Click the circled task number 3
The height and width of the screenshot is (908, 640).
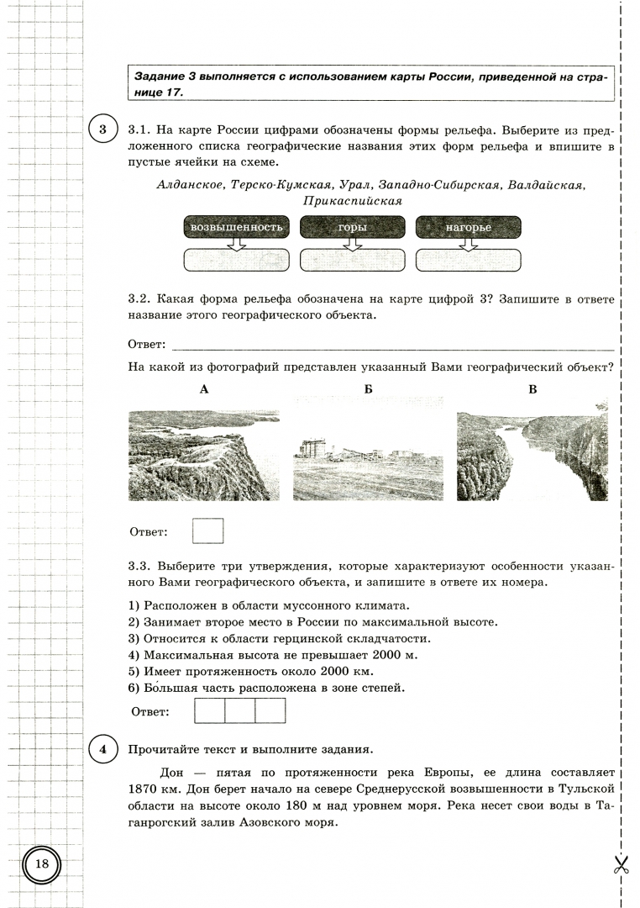[102, 130]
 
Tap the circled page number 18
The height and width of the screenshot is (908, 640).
[42, 864]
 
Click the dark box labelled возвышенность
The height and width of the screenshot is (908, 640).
[236, 227]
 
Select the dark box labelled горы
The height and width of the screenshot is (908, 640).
[352, 227]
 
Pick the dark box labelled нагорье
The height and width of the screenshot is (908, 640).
[469, 227]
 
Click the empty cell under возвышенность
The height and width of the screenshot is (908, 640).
[236, 261]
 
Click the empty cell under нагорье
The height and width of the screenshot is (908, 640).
[469, 261]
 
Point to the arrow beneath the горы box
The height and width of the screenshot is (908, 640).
[352, 244]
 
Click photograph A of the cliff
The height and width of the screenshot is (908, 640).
[203, 456]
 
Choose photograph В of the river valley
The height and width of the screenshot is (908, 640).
[532, 456]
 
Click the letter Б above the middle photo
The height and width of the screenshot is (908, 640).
[368, 389]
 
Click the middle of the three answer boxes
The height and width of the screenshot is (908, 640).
[240, 710]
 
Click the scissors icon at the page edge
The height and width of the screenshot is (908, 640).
[621, 864]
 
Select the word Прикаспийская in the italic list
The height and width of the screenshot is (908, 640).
[353, 202]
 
